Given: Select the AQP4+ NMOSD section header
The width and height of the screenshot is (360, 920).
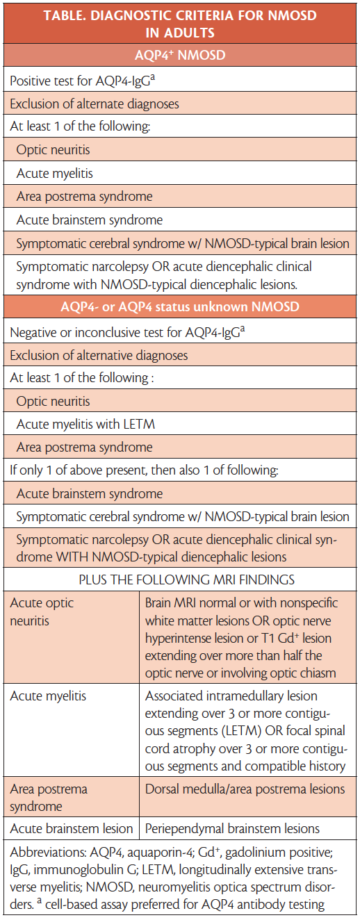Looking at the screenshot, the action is point(179,57).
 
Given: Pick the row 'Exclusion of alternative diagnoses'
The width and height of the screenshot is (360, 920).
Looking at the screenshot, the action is point(99,356).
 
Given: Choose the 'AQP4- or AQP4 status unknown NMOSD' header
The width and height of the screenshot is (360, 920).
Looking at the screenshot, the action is point(179,308).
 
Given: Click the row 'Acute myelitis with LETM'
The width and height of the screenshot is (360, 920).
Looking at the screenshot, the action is point(85,424).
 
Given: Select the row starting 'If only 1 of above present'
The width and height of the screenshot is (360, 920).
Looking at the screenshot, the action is point(143,470).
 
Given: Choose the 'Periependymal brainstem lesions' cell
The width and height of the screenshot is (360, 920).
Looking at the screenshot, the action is point(232,828).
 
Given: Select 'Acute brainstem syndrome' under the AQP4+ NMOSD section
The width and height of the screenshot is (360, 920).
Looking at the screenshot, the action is point(89,220).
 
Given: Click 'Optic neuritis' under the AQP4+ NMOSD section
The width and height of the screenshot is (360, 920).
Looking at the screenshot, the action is point(53,150).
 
